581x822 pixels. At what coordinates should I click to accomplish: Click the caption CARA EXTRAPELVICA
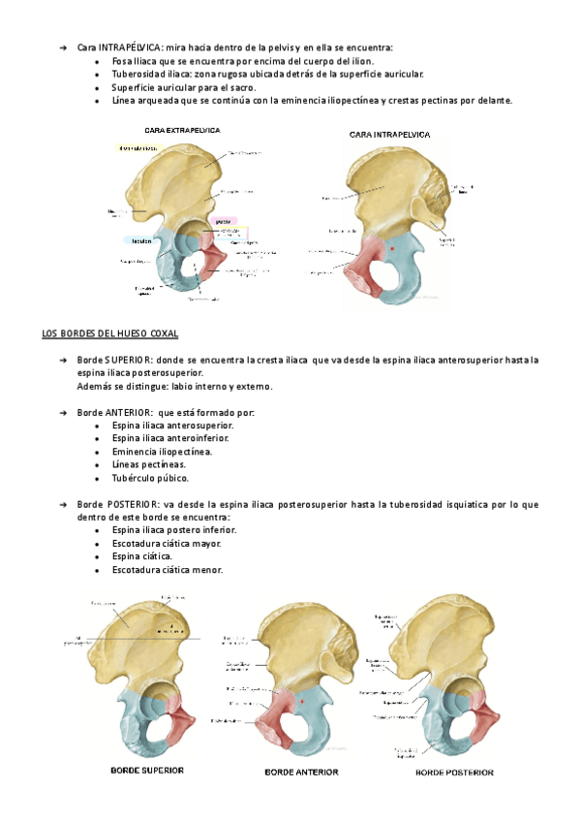pos(182,129)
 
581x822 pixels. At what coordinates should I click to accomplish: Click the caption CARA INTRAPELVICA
pos(389,135)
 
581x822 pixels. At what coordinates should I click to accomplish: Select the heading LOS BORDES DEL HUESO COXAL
pos(110,334)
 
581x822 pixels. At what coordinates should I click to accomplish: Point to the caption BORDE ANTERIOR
pos(301,773)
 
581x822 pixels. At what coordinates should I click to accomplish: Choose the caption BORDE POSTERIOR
pos(454,773)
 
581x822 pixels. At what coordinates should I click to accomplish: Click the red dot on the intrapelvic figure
pos(391,250)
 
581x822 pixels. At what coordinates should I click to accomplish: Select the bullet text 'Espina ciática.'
pos(143,556)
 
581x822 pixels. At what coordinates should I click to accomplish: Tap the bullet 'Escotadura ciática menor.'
pos(168,570)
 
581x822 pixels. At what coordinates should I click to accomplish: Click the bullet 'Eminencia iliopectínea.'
pos(163,452)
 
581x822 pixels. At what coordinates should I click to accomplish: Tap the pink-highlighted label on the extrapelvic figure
pos(224,221)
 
